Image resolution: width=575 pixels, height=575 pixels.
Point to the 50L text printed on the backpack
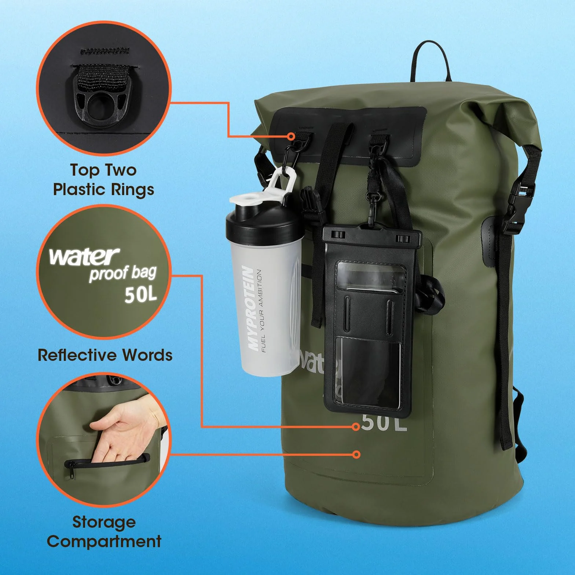pos(384,422)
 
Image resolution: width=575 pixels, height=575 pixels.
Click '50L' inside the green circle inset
pos(141,293)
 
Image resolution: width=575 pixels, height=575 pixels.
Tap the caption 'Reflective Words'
pos(105,355)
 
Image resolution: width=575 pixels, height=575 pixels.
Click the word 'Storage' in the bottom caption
pos(104,522)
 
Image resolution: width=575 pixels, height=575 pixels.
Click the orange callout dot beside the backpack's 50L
pos(355,426)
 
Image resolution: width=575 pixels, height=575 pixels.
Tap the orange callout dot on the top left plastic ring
pos(291,136)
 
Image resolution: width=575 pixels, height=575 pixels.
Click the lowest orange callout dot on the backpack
pos(356,454)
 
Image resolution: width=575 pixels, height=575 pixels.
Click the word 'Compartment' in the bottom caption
pos(104,541)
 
